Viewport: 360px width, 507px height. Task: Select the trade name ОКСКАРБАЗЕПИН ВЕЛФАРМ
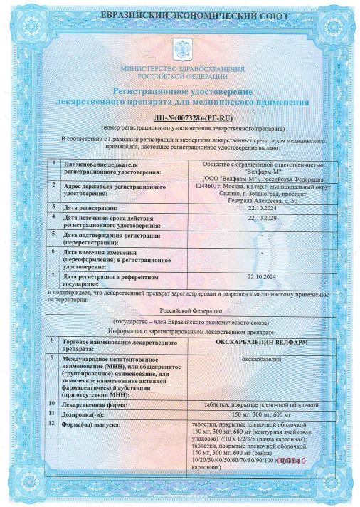click(x=263, y=343)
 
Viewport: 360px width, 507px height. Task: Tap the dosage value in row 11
click(x=263, y=414)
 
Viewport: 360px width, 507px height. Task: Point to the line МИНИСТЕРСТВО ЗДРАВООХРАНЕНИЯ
click(x=184, y=68)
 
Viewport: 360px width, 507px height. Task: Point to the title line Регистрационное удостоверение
click(x=184, y=92)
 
